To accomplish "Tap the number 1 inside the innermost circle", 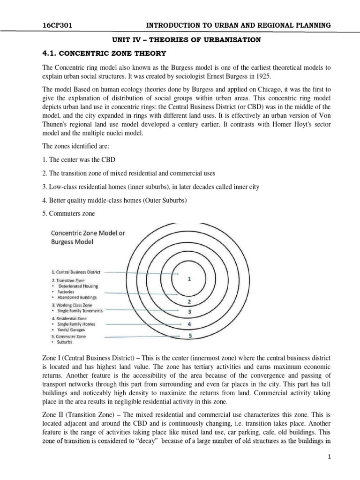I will (189, 265).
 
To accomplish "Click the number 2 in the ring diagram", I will (189, 301).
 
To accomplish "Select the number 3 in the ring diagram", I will (189, 311).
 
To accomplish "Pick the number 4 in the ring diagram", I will (189, 323).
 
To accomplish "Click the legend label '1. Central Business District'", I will (76, 272).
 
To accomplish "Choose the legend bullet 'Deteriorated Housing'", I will (78, 286).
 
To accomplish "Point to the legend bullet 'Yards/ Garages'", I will (74, 330).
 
